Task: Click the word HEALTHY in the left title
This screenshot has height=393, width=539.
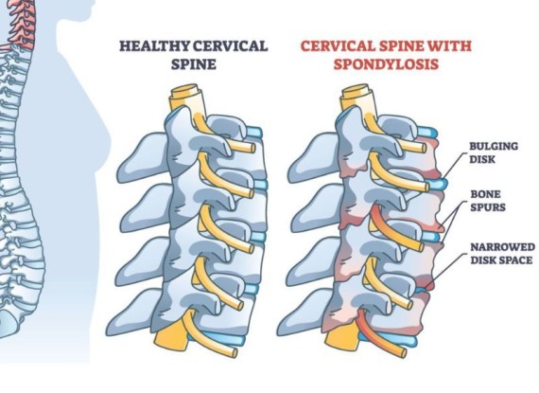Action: (154, 46)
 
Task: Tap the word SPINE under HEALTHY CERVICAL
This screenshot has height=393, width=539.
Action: (194, 64)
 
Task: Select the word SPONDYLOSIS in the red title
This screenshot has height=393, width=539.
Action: (386, 64)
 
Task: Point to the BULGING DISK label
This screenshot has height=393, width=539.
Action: (494, 152)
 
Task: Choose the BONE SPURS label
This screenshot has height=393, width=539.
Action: (488, 201)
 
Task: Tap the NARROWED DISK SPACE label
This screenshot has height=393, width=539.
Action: (502, 253)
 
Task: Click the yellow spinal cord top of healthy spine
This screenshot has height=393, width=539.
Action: (186, 98)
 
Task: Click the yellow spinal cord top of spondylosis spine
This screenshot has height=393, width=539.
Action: (356, 98)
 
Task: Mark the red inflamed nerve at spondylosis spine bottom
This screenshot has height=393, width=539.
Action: (378, 335)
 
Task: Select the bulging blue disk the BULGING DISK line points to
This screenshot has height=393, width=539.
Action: (438, 184)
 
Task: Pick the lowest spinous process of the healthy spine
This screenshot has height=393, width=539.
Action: (133, 313)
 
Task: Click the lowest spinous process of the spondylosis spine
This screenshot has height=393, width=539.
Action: (304, 313)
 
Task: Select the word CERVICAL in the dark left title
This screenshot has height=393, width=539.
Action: (231, 46)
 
